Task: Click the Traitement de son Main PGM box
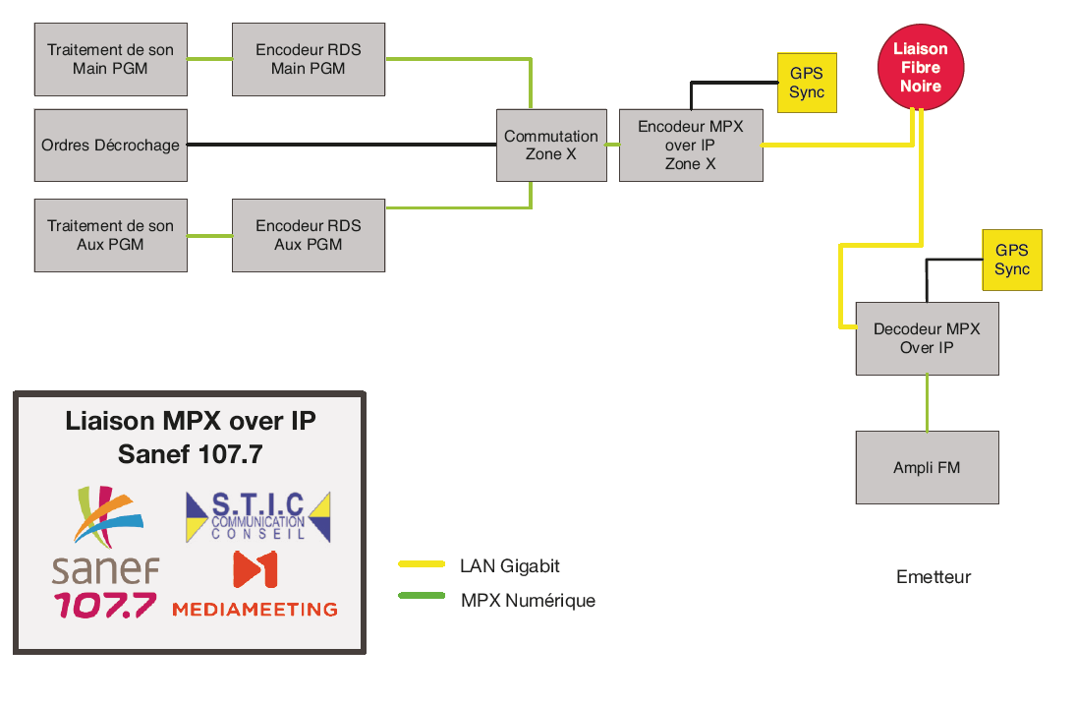[110, 59]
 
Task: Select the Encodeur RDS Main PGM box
[308, 59]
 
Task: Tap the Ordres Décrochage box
[110, 145]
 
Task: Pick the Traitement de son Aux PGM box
[110, 234]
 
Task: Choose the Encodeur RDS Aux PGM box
[308, 234]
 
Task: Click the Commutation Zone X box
[550, 145]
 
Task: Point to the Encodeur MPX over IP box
[690, 145]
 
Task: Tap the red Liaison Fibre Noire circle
[920, 68]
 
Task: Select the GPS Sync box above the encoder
[806, 83]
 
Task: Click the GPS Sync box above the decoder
[1011, 260]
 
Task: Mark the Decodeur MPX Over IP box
[927, 338]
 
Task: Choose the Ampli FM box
[927, 468]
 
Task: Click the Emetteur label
[933, 577]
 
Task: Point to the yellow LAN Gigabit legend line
[423, 564]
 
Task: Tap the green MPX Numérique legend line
[423, 596]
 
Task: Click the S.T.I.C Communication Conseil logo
[257, 515]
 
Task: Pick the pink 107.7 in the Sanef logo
[104, 604]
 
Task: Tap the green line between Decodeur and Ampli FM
[927, 402]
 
